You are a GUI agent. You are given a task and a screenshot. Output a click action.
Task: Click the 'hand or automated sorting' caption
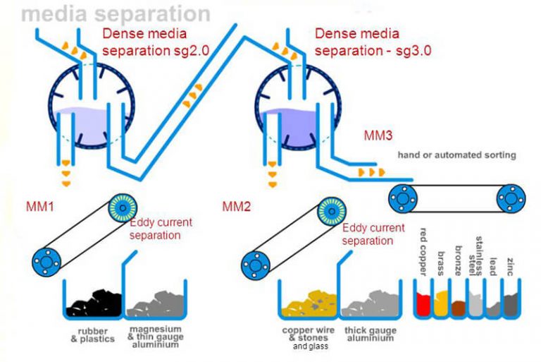456,155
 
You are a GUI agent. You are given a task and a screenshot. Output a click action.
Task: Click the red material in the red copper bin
423,305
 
